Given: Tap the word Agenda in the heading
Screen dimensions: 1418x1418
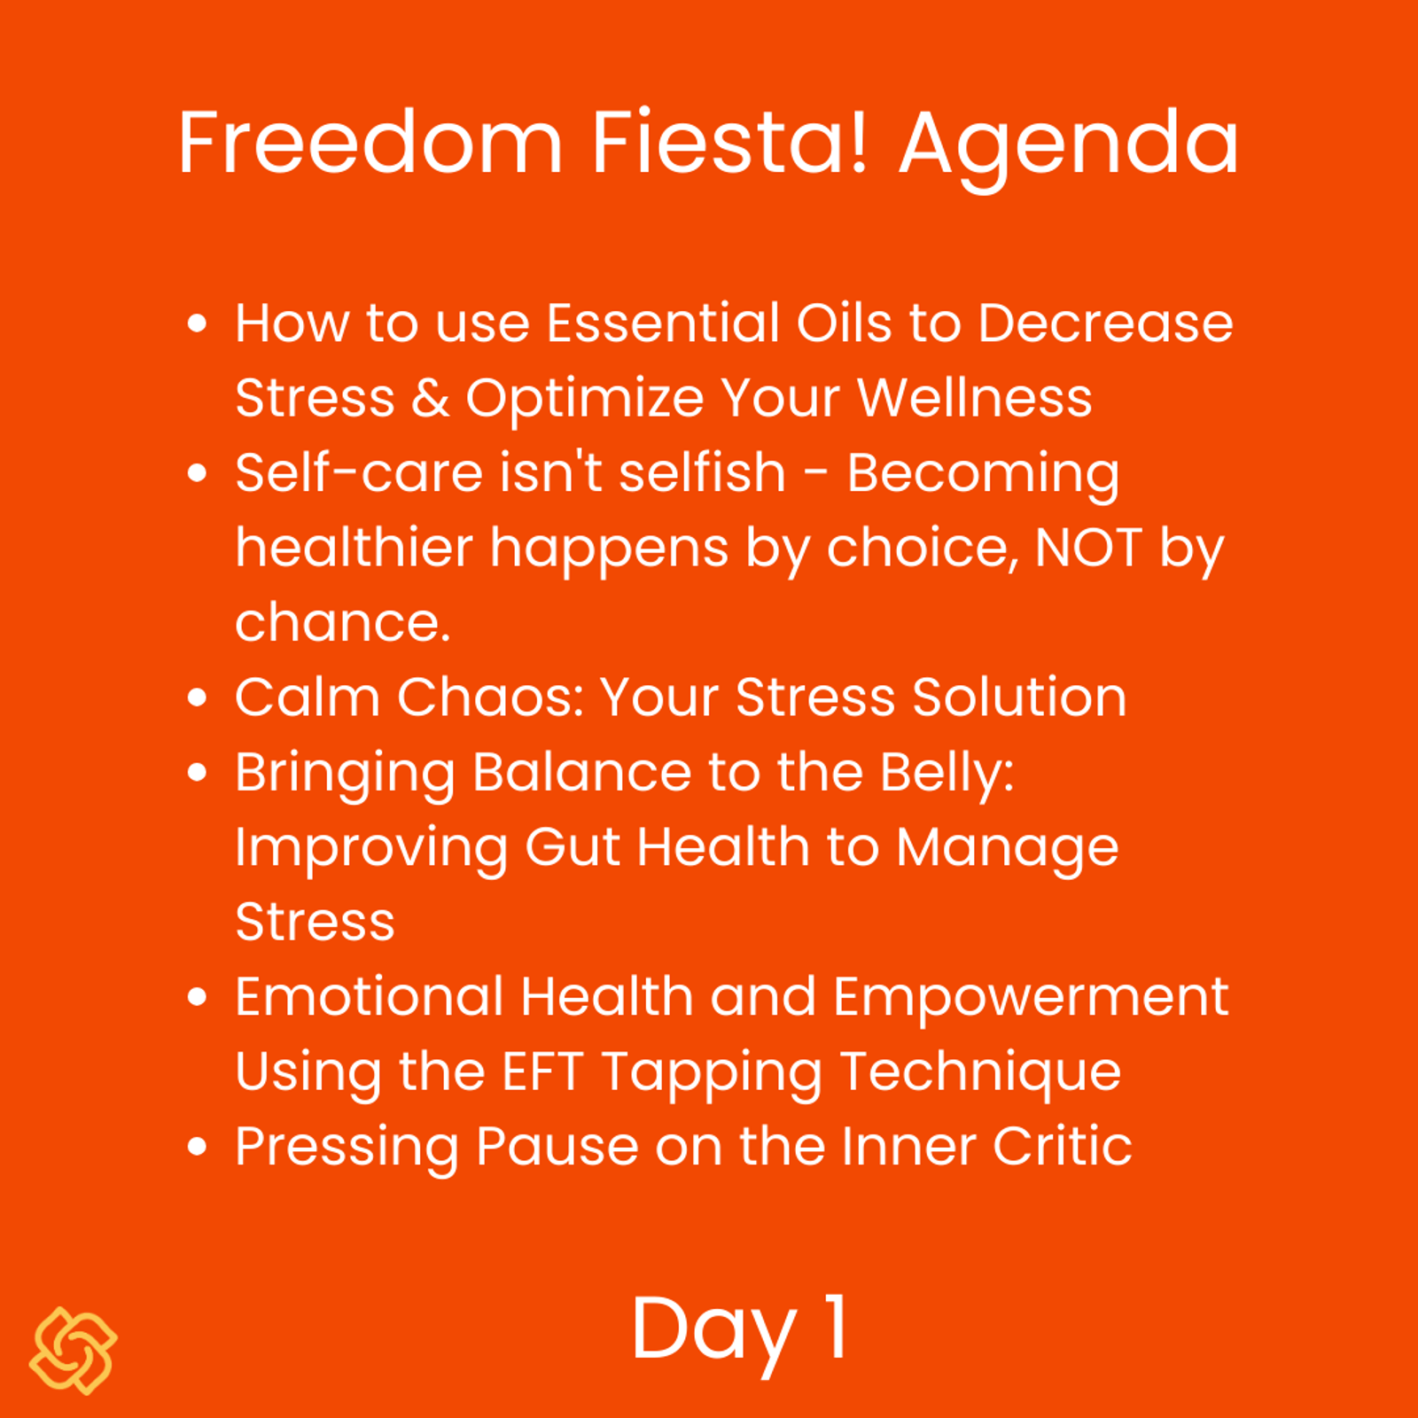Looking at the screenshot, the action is point(1069,151).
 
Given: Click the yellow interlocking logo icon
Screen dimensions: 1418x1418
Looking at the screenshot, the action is point(74,1351).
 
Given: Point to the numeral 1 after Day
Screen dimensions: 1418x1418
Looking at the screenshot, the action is point(838,1326).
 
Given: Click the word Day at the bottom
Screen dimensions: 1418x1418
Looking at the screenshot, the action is point(714,1334).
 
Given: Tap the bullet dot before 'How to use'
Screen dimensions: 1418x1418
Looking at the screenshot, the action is point(198,323).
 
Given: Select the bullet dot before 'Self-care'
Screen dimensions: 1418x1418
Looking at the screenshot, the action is point(198,472).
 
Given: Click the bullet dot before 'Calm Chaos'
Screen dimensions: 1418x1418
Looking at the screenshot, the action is point(198,697).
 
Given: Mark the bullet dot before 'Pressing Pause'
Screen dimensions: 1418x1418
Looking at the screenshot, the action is point(198,1147).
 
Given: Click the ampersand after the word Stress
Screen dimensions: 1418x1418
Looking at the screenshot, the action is point(431,398).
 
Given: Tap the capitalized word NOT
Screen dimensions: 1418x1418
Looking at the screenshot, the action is point(1088,548).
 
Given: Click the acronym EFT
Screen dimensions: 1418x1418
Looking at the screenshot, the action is point(542,1071).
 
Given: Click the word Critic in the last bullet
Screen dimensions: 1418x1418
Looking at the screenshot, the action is point(1062,1146).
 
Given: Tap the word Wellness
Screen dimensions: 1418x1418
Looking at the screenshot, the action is point(975,397).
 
